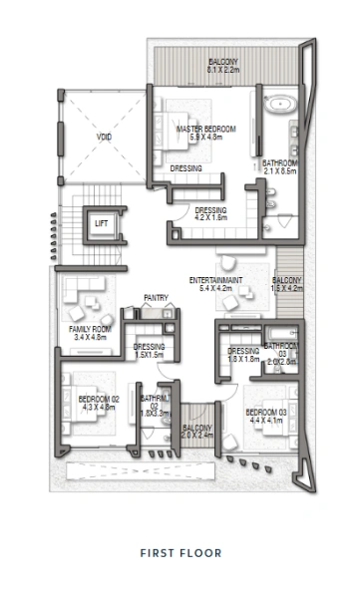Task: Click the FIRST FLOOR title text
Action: tap(180, 552)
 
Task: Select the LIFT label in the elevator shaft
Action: tap(102, 224)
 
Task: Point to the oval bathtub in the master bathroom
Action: tap(276, 103)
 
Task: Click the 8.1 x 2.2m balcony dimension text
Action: tap(224, 71)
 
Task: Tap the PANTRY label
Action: tap(155, 296)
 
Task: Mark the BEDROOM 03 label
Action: tap(265, 411)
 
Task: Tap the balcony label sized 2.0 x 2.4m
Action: tap(198, 435)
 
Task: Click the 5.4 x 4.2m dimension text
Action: tap(215, 289)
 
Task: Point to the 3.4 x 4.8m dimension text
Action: tap(89, 337)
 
